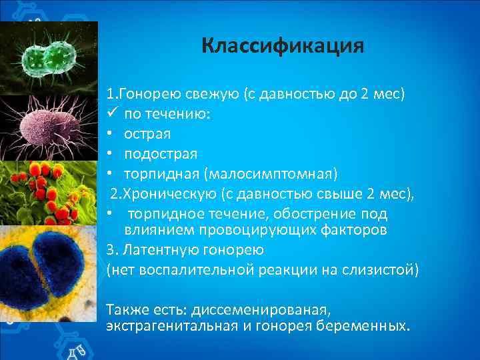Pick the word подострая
(161, 154)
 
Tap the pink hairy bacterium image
(47, 127)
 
